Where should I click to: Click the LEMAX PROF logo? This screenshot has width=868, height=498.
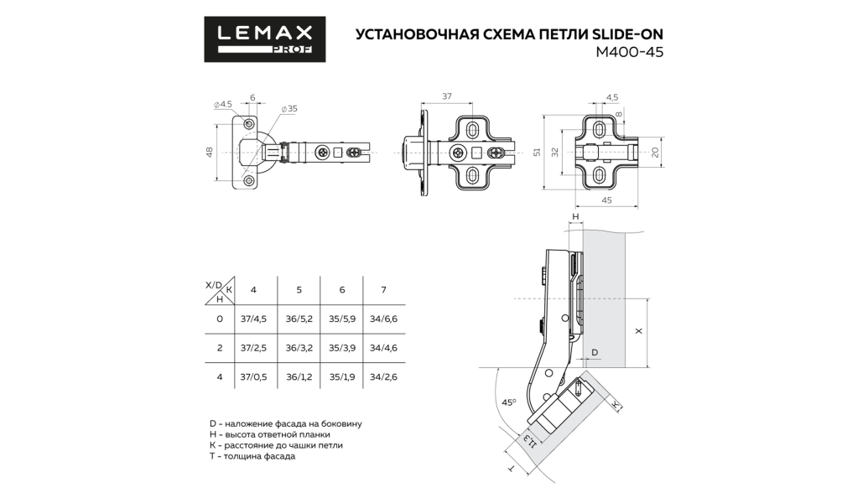[x=265, y=39]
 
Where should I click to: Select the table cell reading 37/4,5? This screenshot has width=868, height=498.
[x=253, y=319]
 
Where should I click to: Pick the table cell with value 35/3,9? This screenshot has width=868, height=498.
[x=342, y=348]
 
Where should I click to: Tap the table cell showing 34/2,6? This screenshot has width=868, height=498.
[x=383, y=376]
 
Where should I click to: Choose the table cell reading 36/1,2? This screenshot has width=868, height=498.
[x=299, y=376]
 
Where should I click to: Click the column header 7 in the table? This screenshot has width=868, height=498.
[x=383, y=290]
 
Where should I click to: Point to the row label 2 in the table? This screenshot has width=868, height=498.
[x=220, y=348]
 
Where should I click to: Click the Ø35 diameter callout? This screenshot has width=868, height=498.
[x=289, y=108]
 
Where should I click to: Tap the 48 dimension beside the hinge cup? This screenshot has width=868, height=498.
[x=210, y=153]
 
